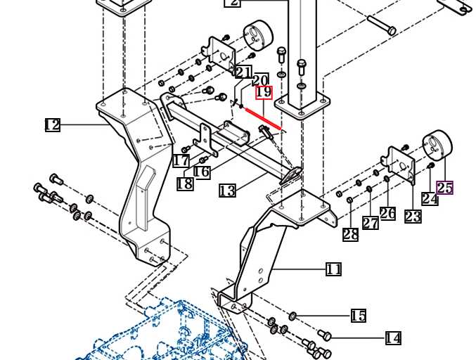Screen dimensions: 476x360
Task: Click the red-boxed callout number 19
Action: point(264,92)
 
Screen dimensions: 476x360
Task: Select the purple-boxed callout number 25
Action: point(445,188)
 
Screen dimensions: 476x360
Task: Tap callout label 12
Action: point(53,124)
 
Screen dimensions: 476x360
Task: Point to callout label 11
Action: point(333,269)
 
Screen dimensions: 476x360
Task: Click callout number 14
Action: point(393,338)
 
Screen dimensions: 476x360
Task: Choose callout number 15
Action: point(359,316)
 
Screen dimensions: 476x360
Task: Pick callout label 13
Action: point(227,191)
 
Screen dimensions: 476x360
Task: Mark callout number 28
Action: point(351,235)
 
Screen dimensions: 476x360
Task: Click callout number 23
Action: point(413,217)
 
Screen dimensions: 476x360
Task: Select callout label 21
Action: point(244,72)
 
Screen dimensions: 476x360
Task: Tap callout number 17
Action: point(181,160)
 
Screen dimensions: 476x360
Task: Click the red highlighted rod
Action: point(263,119)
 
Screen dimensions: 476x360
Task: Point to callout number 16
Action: point(202,172)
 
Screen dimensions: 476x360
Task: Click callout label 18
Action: point(185,184)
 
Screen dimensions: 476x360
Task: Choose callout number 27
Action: point(371,223)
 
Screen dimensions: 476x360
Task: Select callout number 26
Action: point(387,213)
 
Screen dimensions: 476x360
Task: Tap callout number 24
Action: point(430,199)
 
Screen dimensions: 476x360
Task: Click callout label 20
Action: point(260,80)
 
